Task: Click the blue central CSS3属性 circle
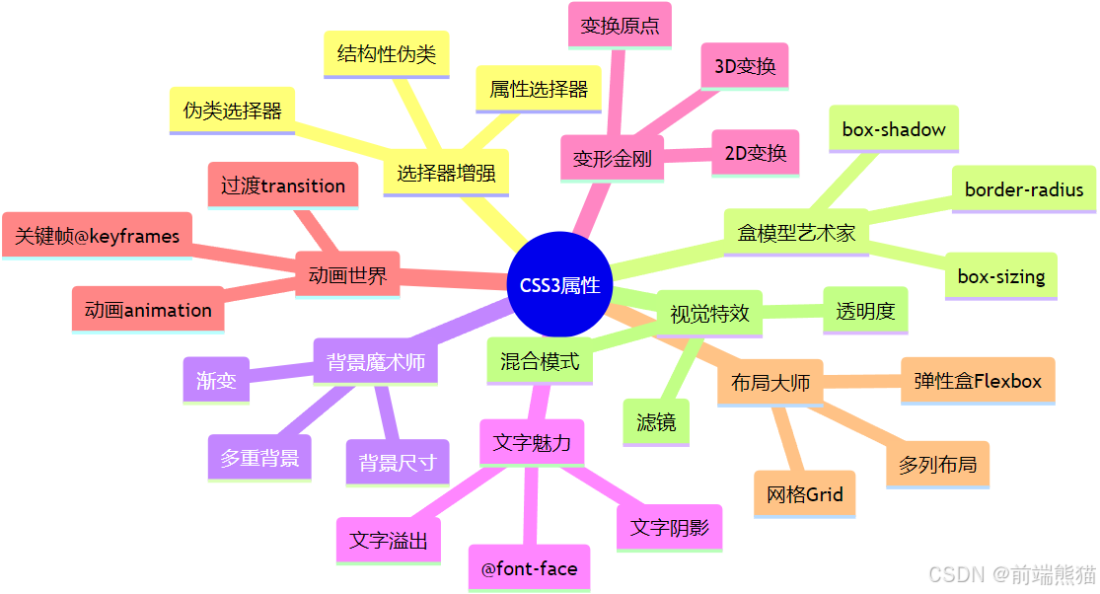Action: pyautogui.click(x=559, y=284)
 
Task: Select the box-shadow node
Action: pyautogui.click(x=894, y=129)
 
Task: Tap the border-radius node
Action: pyautogui.click(x=1024, y=189)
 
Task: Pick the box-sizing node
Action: pyautogui.click(x=1001, y=276)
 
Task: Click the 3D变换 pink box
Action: pyautogui.click(x=745, y=67)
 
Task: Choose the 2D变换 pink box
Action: pyautogui.click(x=756, y=153)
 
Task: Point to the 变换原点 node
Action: pyautogui.click(x=620, y=26)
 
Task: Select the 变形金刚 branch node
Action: pyautogui.click(x=612, y=159)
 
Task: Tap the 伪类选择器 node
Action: pyautogui.click(x=233, y=110)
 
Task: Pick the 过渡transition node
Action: pyautogui.click(x=283, y=186)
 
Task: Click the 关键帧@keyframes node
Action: pyautogui.click(x=98, y=236)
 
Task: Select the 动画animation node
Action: pyautogui.click(x=148, y=310)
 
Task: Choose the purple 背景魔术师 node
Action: pyautogui.click(x=376, y=362)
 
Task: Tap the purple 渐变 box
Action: pyautogui.click(x=216, y=380)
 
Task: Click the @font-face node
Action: pyautogui.click(x=529, y=568)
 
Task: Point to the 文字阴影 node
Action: pyautogui.click(x=669, y=527)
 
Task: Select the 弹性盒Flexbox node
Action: pyautogui.click(x=978, y=380)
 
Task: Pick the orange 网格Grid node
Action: pyautogui.click(x=805, y=494)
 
